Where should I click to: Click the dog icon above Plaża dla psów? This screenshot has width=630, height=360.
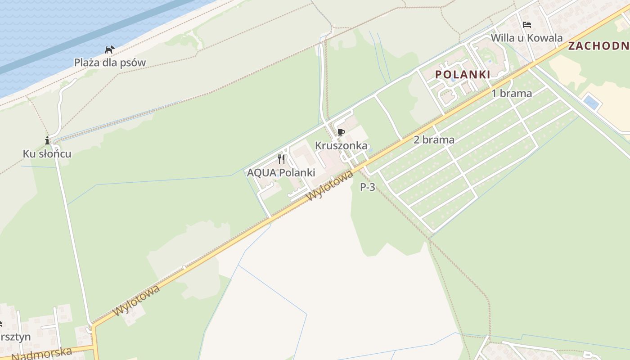[110, 49]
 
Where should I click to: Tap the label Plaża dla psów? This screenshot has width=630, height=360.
[110, 63]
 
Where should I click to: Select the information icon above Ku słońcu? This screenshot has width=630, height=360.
[47, 140]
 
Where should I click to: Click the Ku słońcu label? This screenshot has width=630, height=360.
[47, 154]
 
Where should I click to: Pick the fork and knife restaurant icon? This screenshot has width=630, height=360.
[281, 159]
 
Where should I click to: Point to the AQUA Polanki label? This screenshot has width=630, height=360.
[281, 173]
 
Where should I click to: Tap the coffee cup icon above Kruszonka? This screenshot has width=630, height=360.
[341, 132]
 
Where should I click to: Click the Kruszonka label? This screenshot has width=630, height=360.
[341, 146]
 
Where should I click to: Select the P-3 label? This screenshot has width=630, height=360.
[368, 187]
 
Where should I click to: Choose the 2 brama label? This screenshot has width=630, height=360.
[434, 140]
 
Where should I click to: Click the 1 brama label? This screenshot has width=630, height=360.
[512, 94]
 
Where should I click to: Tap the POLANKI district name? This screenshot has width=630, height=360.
[463, 75]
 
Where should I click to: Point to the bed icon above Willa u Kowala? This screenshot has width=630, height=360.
[527, 25]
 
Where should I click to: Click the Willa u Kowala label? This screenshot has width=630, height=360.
[526, 38]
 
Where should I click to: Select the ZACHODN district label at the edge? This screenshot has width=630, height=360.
[598, 46]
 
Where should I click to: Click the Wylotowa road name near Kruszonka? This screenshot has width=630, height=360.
[329, 187]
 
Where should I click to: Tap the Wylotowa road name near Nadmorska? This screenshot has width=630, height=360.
[137, 300]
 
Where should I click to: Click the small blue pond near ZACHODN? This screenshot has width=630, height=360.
[591, 102]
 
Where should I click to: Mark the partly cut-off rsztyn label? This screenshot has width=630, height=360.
[15, 337]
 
